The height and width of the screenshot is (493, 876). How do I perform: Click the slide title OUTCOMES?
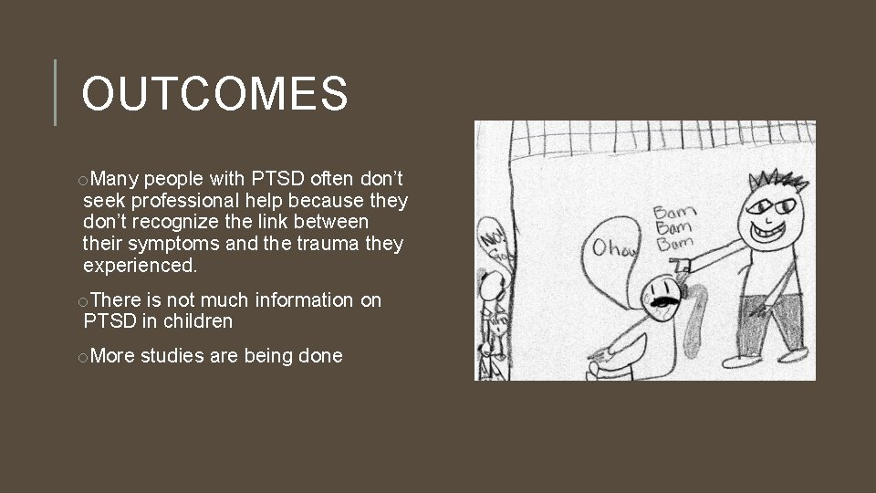tap(215, 94)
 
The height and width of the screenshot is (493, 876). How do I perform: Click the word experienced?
tap(139, 266)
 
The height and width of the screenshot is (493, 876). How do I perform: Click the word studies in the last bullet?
tap(172, 355)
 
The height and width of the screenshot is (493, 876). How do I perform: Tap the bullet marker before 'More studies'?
tap(83, 357)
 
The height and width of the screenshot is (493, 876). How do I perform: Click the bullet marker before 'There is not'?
tap(83, 301)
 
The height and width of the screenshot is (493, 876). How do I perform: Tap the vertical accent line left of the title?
tap(56, 92)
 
